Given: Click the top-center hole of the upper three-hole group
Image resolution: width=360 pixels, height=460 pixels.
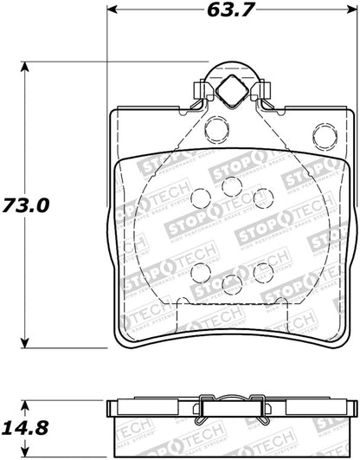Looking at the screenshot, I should click(x=231, y=186).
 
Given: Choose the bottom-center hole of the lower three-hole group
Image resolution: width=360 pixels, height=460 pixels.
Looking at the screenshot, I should click(x=231, y=283).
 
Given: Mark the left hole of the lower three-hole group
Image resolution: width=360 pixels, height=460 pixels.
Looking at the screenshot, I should click(x=200, y=273).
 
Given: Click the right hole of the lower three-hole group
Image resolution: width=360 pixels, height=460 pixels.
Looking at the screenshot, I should click(x=263, y=273).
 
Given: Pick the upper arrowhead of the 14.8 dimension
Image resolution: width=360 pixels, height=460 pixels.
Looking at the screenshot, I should click(x=26, y=400).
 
